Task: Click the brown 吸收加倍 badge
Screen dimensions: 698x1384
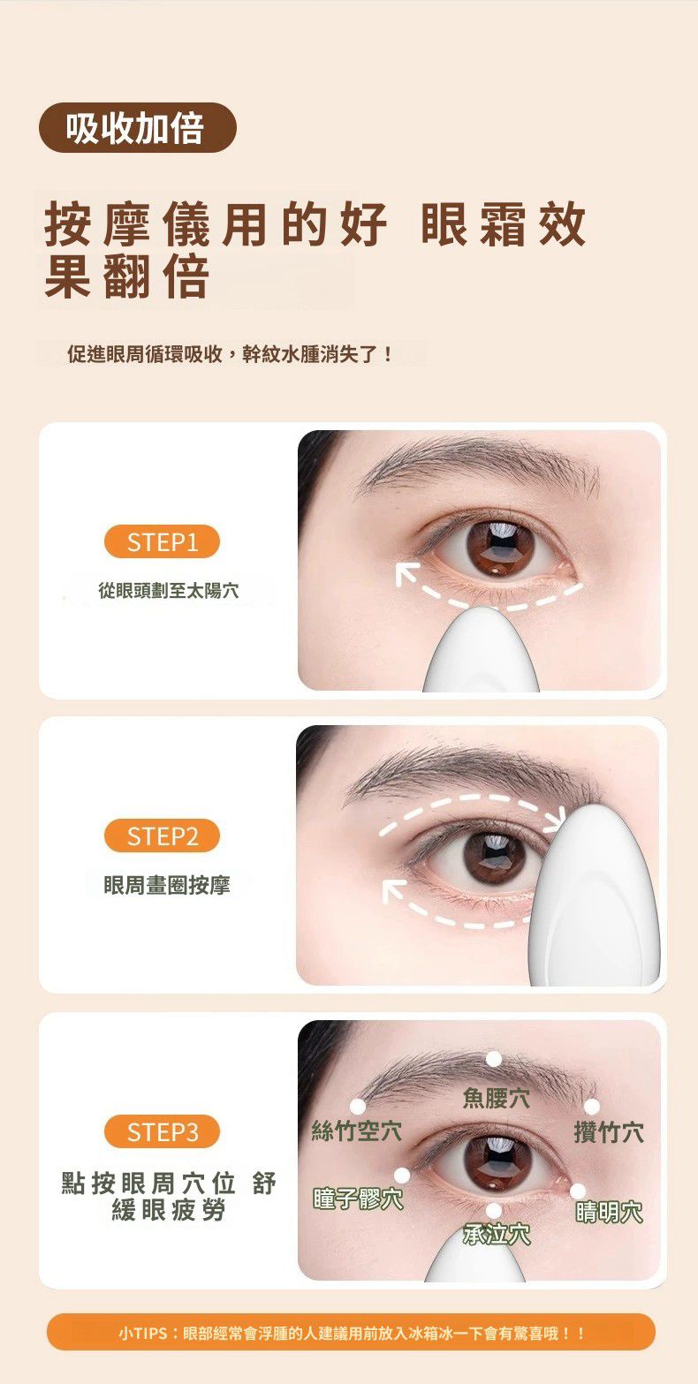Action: pyautogui.click(x=137, y=128)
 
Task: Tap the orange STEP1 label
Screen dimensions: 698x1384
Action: pyautogui.click(x=162, y=542)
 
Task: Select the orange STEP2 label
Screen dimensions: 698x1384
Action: pyautogui.click(x=162, y=836)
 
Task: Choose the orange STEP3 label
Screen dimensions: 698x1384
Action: pyautogui.click(x=162, y=1132)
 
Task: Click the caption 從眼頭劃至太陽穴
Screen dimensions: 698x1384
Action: pyautogui.click(x=168, y=590)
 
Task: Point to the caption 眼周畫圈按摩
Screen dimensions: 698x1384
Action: pyautogui.click(x=167, y=885)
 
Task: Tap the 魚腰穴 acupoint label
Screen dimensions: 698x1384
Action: pyautogui.click(x=496, y=1098)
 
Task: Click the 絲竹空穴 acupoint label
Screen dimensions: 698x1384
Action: pyautogui.click(x=357, y=1131)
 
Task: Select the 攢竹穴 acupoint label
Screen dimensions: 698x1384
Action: pyautogui.click(x=609, y=1132)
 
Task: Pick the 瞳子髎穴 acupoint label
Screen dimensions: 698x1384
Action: pyautogui.click(x=358, y=1199)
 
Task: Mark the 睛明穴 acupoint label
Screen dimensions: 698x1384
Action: pyautogui.click(x=609, y=1213)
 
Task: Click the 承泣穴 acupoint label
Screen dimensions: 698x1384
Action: pyautogui.click(x=497, y=1235)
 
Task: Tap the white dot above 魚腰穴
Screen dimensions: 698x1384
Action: pyautogui.click(x=493, y=1059)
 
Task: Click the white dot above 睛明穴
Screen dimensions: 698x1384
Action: pyautogui.click(x=578, y=1191)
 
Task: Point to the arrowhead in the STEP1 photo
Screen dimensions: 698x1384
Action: pyautogui.click(x=406, y=573)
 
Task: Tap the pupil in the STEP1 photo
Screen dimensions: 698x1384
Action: pyautogui.click(x=500, y=545)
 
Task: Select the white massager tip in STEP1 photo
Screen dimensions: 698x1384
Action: pyautogui.click(x=481, y=649)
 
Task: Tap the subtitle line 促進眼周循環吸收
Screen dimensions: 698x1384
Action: pyautogui.click(x=145, y=354)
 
